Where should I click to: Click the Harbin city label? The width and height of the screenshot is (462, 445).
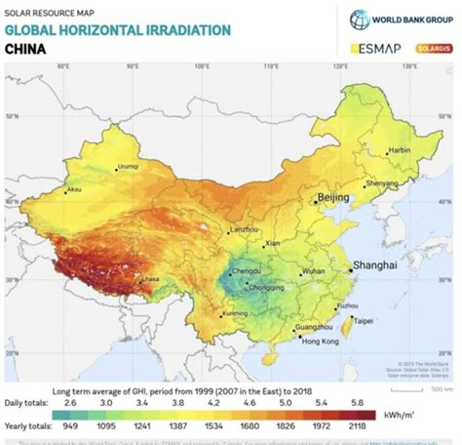coord(400,150)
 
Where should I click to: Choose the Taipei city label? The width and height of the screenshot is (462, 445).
coord(363,319)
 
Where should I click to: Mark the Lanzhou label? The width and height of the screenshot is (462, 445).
coord(244,229)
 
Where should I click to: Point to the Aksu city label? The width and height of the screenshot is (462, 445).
coord(74,190)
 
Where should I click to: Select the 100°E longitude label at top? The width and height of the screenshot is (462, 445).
coord(203,67)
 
